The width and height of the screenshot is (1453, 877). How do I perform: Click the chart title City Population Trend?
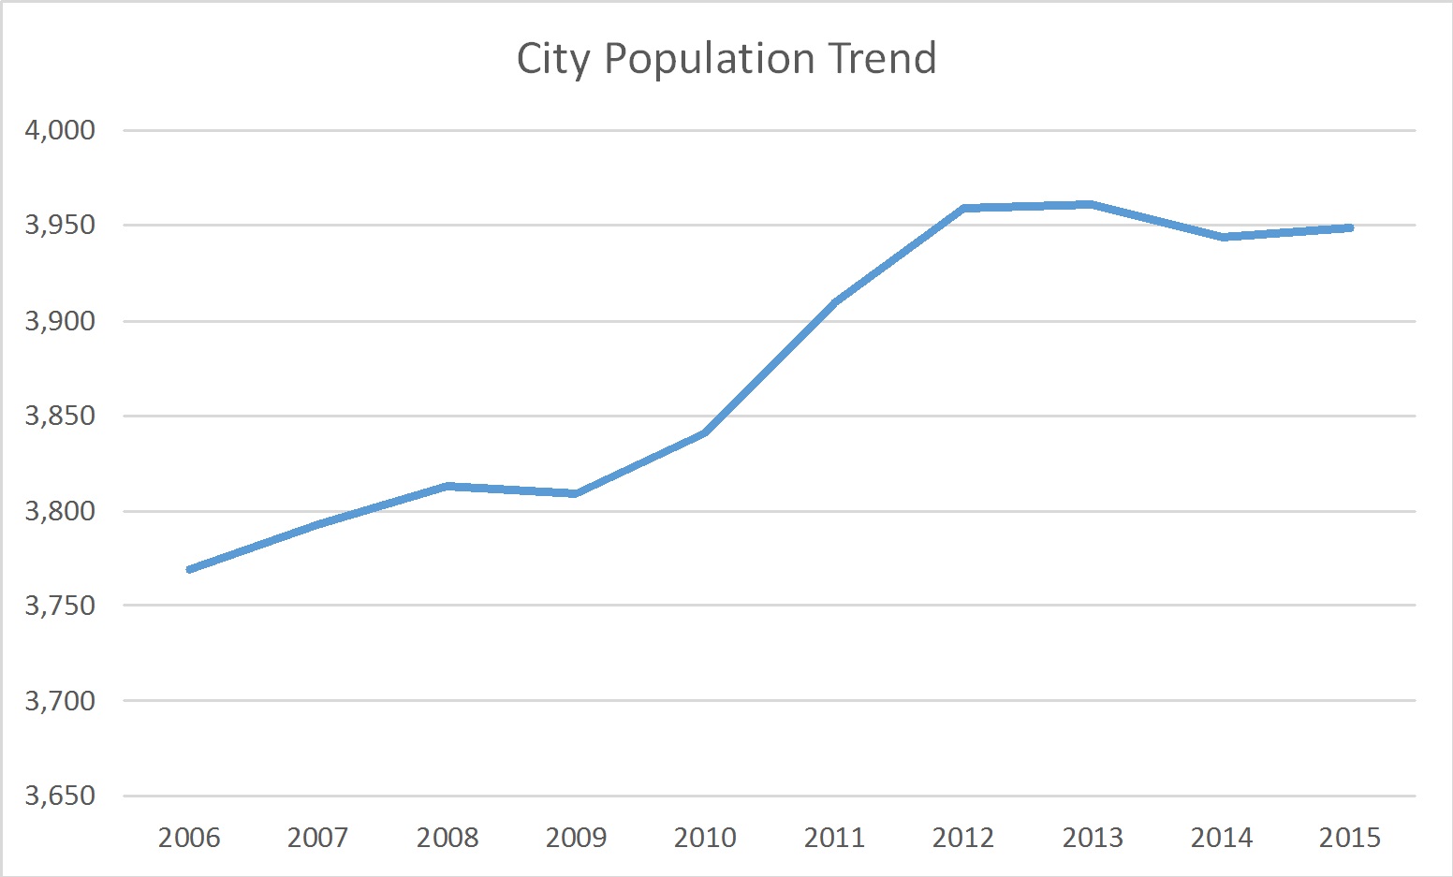726,59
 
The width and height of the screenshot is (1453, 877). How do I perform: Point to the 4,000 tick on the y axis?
60,130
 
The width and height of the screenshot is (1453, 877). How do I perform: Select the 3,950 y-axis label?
60,225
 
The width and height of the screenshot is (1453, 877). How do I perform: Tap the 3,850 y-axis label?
60,416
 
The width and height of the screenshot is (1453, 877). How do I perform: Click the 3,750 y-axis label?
60,606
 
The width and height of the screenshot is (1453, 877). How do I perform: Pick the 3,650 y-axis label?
60,796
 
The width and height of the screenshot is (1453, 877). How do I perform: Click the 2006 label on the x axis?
189,837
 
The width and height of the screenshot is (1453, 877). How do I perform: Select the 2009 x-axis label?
576,837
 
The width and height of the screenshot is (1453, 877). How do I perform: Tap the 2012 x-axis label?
963,837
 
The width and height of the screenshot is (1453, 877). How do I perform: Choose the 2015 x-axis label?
1350,837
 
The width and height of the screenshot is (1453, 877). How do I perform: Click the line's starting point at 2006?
190,569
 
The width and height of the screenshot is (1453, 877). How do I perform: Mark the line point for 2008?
448,486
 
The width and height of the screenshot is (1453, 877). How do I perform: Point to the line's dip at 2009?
576,493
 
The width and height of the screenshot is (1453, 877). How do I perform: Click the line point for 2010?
705,432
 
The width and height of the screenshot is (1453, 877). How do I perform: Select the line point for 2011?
834,301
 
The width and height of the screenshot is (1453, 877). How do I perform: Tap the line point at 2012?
963,208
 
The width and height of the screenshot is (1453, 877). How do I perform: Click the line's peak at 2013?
1092,204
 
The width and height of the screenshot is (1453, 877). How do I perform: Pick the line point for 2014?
1222,237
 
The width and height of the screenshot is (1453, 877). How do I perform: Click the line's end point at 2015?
1350,227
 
